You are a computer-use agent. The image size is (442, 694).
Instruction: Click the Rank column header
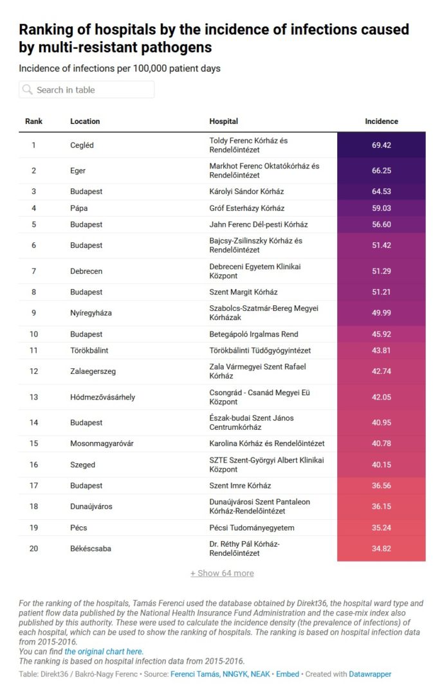click(33, 121)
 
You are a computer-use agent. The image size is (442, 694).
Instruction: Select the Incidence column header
click(381, 121)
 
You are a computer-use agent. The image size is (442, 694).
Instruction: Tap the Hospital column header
click(223, 121)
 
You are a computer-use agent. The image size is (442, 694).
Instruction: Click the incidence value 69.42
click(381, 145)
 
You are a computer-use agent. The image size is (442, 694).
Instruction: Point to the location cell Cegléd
click(82, 145)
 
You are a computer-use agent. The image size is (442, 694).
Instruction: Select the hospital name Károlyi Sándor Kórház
click(246, 191)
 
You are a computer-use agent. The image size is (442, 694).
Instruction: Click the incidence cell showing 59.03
click(381, 208)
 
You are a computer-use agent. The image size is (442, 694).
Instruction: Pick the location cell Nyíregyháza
click(91, 313)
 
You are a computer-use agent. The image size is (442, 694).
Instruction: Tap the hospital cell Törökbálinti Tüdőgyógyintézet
click(260, 350)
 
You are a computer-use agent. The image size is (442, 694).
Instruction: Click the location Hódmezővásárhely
click(102, 397)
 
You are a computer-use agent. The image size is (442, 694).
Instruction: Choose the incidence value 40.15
click(381, 465)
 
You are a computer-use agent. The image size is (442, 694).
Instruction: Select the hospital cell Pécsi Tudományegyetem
click(252, 528)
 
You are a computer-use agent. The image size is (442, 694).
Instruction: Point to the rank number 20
click(33, 549)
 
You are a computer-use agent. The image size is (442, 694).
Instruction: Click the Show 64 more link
click(222, 573)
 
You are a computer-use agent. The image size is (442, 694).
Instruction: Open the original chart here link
click(104, 652)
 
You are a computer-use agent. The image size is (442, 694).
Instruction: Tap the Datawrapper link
click(370, 674)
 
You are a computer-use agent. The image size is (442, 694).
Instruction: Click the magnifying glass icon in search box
click(27, 90)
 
